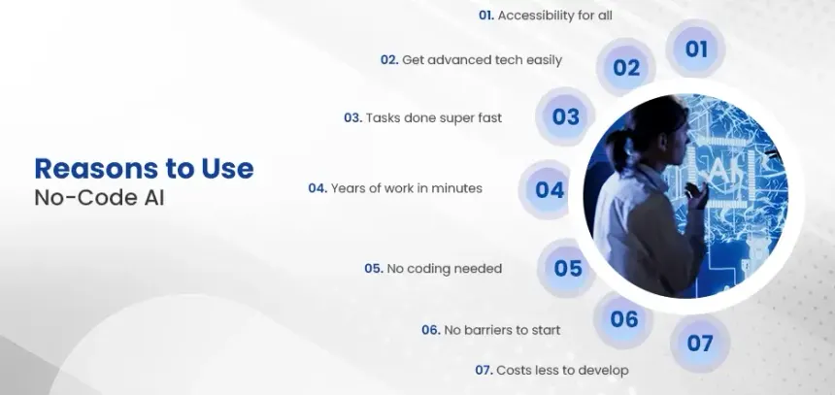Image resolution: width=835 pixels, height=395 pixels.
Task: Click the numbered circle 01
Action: [x=696, y=49]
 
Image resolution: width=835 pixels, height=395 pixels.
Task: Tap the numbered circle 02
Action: [x=626, y=68]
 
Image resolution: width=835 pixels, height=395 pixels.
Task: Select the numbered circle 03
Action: [x=565, y=117]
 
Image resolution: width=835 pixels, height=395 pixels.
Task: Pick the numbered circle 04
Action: [x=550, y=189]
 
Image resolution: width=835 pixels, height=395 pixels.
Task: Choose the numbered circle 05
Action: [x=567, y=268]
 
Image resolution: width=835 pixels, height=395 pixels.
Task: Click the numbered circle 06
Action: [x=624, y=318]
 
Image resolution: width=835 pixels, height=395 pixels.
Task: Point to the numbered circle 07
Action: [x=700, y=343]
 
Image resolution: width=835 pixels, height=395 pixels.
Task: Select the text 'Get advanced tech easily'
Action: [x=483, y=59]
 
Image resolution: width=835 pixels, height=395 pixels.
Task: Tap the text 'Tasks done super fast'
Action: [x=433, y=117]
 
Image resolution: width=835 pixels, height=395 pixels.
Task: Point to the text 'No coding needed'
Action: [x=444, y=268]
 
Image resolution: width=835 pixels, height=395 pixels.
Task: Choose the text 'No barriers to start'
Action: [x=501, y=330]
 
